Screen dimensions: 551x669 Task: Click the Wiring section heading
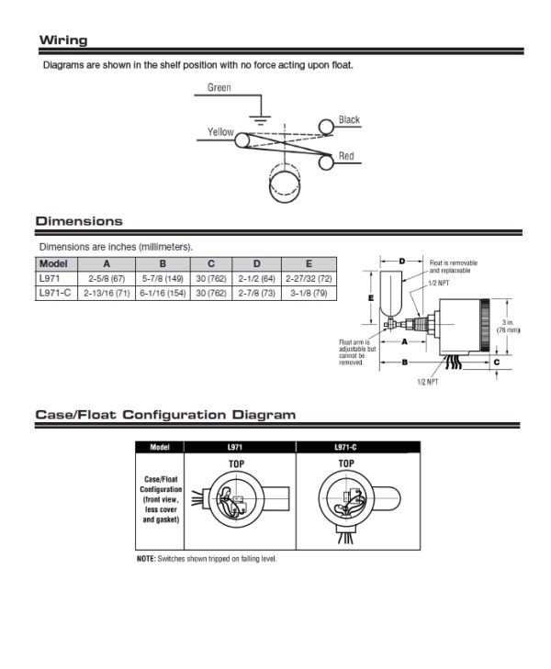tap(63, 40)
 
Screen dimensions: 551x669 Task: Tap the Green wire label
tap(219, 87)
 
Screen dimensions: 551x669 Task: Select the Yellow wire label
tap(220, 132)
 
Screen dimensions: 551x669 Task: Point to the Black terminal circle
tap(326, 127)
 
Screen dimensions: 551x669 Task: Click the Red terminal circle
tap(326, 162)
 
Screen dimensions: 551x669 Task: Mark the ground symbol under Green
tap(261, 118)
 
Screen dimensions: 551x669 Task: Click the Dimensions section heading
tap(79, 221)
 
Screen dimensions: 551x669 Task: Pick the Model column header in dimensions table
tap(53, 263)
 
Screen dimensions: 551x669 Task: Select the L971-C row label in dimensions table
tap(55, 293)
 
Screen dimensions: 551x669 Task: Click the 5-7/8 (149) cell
tap(163, 279)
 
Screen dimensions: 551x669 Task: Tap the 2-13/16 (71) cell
tap(107, 293)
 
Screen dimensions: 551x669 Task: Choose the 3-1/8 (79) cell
tap(309, 293)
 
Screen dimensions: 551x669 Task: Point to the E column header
tap(309, 263)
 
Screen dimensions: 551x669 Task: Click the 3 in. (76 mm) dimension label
tap(508, 327)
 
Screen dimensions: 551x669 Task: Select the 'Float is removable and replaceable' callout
tap(454, 267)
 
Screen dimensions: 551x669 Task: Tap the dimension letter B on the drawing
tap(405, 362)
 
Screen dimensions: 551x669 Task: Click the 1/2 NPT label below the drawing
tap(427, 382)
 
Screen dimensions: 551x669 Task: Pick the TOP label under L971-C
tap(346, 463)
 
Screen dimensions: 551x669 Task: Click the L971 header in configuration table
tap(235, 447)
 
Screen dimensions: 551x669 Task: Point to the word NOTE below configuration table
tap(146, 559)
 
